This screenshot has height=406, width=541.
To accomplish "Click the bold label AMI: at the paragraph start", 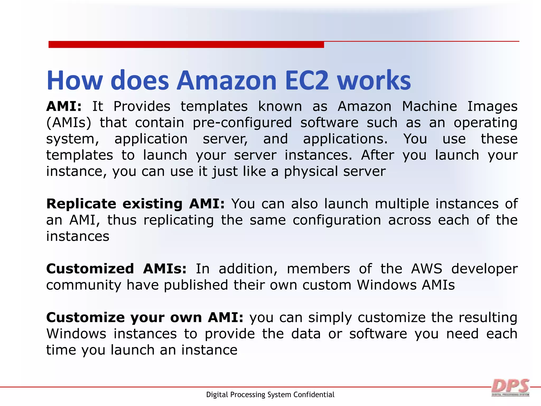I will pyautogui.click(x=64, y=106).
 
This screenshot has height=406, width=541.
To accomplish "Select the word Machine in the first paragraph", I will pyautogui.click(x=430, y=106).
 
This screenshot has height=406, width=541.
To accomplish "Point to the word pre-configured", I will pyautogui.click(x=242, y=123).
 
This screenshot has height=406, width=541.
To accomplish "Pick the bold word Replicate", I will pyautogui.click(x=81, y=204).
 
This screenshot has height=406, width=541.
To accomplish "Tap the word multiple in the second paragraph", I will pyautogui.click(x=402, y=204).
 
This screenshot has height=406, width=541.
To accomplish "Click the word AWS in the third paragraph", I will pyautogui.click(x=427, y=269).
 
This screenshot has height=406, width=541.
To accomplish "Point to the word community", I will pyautogui.click(x=84, y=285).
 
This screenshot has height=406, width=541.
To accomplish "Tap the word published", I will pyautogui.click(x=196, y=285).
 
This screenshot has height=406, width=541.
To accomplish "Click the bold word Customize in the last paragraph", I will pyautogui.click(x=85, y=317).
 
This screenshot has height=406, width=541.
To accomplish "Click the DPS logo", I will pyautogui.click(x=510, y=388).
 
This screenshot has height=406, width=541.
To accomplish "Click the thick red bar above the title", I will pyautogui.click(x=186, y=44).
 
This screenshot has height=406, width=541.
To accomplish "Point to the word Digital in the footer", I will pyautogui.click(x=217, y=395).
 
